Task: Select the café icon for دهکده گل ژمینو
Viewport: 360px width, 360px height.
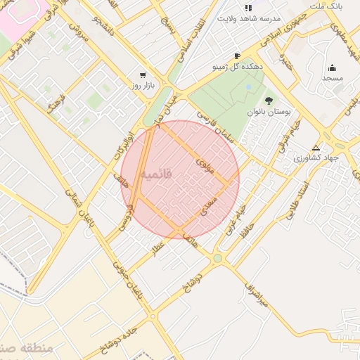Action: [237, 56]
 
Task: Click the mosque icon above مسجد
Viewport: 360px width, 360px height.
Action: [332, 67]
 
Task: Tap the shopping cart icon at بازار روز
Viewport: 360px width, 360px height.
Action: [143, 75]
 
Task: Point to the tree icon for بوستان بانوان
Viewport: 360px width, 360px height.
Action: [269, 100]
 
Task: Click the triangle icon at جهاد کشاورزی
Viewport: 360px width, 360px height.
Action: [316, 148]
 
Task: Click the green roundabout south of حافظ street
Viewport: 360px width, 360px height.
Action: [217, 259]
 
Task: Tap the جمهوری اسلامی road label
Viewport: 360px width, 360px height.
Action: [281, 32]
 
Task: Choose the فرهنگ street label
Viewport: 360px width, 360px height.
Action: [55, 103]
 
